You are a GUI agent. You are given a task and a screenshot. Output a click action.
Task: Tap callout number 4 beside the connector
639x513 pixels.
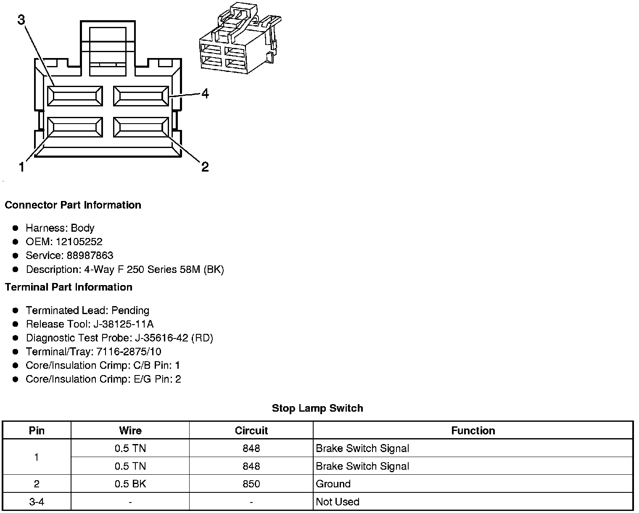tap(205, 93)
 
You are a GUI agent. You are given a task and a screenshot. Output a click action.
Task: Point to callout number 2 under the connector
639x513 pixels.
tap(205, 167)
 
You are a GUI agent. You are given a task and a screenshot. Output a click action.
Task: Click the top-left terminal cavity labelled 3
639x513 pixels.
tap(75, 96)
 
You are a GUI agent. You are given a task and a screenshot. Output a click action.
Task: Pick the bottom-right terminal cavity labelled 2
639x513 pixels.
tap(141, 127)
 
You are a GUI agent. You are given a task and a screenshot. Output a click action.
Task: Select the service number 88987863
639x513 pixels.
tap(90, 256)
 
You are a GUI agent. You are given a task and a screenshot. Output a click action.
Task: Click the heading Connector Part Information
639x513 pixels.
tap(73, 205)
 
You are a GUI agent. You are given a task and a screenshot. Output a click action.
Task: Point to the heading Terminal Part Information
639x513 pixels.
tap(69, 287)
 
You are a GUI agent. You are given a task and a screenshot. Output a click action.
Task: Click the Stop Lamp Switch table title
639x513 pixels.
tap(317, 408)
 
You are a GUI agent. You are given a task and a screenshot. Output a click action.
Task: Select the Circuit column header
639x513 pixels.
tap(251, 431)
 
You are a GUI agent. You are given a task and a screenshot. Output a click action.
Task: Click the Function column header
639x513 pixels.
tap(473, 431)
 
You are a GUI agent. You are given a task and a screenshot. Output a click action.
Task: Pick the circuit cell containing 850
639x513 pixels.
tap(251, 484)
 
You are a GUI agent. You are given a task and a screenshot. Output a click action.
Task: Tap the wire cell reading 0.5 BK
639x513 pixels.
tap(130, 484)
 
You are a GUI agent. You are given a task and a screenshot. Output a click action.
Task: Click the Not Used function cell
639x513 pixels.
tap(338, 502)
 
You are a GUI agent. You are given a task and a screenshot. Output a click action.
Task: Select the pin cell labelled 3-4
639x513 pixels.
tap(37, 502)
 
